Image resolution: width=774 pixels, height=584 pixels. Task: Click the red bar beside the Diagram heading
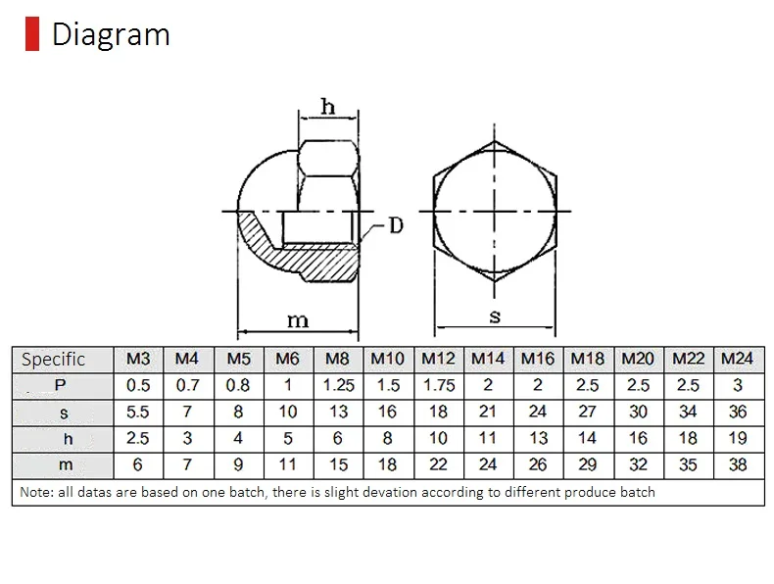pos(32,33)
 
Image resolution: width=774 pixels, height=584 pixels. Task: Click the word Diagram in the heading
pos(111,34)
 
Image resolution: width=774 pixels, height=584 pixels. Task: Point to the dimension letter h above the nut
pos(328,106)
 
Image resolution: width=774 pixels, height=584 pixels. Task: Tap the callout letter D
pos(396,225)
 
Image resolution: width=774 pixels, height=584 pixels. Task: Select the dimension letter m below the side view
pos(298,320)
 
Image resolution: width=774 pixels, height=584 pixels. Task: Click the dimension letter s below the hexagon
pos(495,316)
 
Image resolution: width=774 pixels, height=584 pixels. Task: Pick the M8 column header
pos(338,359)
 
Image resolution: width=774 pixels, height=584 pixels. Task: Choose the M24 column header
pos(738,359)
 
